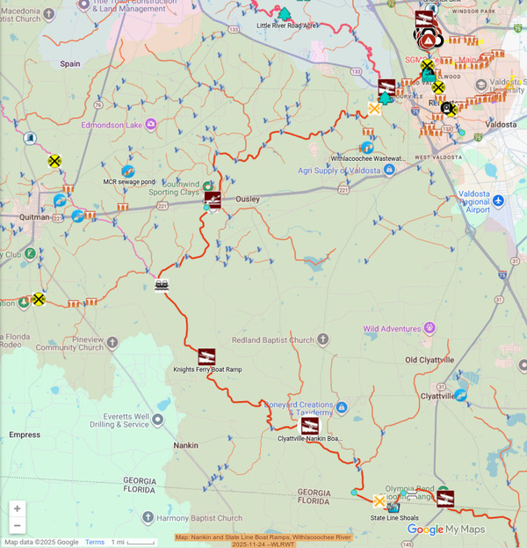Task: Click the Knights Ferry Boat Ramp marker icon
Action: point(206,356)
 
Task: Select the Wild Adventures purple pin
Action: point(430,328)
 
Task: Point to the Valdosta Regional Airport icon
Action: point(498,201)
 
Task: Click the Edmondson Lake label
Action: point(112,125)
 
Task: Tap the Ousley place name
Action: point(248,199)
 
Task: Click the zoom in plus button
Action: point(17,508)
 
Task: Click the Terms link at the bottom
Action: point(94,542)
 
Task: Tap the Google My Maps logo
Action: point(445,530)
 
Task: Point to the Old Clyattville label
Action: point(430,361)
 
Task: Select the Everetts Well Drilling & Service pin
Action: point(158,420)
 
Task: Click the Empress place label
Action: point(24,435)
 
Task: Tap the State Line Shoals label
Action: point(393,518)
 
